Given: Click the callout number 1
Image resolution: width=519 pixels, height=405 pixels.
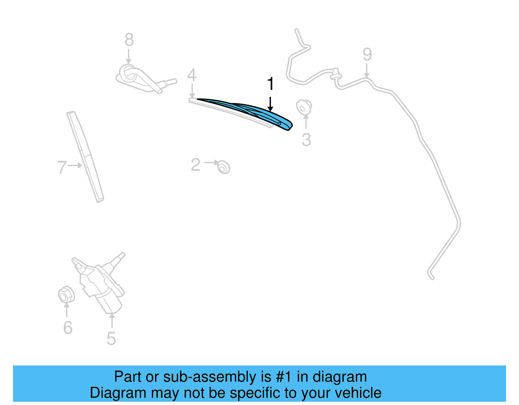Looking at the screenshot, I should click(270, 84).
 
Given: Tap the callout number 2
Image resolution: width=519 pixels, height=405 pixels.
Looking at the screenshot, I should click(196, 165).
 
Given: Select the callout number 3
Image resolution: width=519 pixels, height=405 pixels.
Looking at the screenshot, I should click(306, 140).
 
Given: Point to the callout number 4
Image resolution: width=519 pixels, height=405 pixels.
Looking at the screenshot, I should click(192, 75).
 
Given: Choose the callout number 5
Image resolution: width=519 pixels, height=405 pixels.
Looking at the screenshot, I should click(111, 339).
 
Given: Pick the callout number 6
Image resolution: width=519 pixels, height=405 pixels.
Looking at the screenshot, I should click(67, 327).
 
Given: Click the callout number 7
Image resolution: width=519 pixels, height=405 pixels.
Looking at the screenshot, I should click(62, 167).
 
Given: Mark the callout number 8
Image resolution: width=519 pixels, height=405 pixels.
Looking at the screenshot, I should click(129, 40).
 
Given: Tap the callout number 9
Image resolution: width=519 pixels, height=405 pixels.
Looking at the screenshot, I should click(367, 54).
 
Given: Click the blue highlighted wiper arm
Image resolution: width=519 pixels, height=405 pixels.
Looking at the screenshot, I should click(259, 112).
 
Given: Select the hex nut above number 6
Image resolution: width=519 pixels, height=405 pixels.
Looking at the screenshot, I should click(66, 295).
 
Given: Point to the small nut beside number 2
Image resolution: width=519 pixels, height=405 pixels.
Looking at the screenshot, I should click(223, 167).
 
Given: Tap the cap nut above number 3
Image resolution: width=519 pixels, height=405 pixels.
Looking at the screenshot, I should click(304, 107).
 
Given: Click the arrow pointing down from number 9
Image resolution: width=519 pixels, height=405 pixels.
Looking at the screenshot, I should click(367, 71).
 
